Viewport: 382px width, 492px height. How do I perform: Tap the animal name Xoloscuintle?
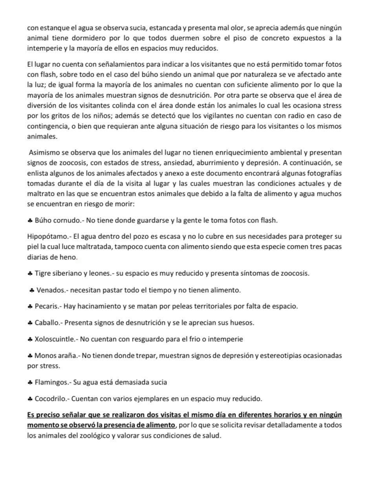pos(55,339)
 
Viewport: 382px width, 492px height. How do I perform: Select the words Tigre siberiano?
pos(60,273)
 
